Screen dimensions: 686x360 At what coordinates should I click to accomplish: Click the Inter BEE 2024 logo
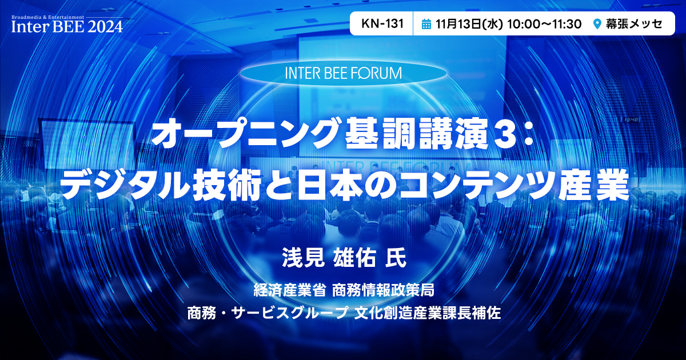67,24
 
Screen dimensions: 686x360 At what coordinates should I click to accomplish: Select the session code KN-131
382,23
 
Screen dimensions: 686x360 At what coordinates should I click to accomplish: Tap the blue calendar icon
426,24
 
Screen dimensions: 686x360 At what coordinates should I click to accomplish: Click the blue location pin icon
597,24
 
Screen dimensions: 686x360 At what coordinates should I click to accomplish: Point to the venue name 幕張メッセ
634,24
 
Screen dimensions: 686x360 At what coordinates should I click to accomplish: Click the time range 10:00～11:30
544,24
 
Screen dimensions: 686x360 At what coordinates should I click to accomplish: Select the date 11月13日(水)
469,24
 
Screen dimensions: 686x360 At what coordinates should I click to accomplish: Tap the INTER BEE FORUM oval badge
344,73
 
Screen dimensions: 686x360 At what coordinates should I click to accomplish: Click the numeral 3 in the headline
504,135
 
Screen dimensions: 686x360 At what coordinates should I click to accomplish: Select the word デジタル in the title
125,185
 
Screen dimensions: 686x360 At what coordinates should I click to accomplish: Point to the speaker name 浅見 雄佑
329,258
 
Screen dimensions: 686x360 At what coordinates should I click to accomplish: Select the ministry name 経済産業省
289,290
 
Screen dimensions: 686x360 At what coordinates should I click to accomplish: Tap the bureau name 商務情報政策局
383,290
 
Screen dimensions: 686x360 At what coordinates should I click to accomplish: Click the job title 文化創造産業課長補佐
427,313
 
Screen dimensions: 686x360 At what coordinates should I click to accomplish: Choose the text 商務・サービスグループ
268,313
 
